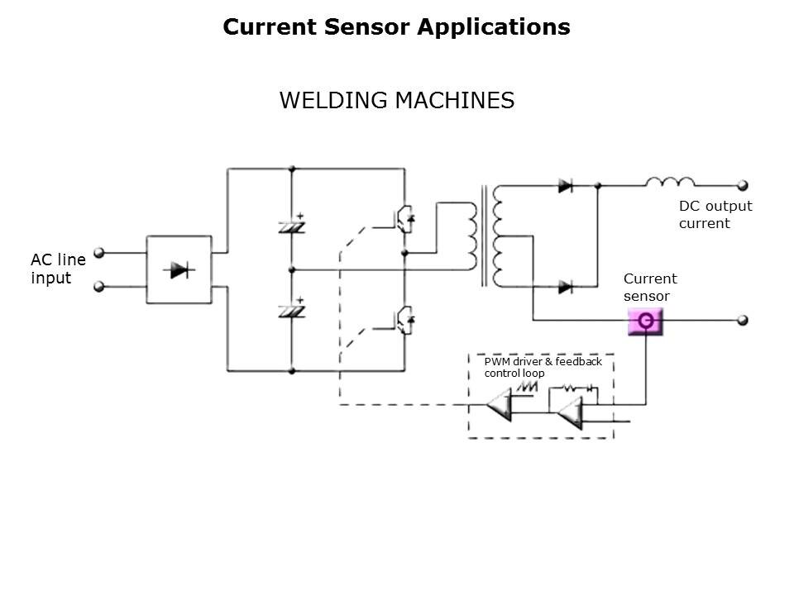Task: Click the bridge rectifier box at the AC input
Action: [x=179, y=269]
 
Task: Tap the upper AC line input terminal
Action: [x=100, y=252]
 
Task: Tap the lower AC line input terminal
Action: [x=100, y=287]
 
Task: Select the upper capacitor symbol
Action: [x=291, y=224]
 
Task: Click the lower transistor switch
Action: [x=404, y=319]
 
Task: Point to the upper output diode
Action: [x=566, y=186]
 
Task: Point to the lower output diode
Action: [x=566, y=287]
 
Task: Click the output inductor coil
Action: [x=670, y=183]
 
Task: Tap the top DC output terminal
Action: [x=743, y=186]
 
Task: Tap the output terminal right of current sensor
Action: [x=743, y=320]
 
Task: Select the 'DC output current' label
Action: [x=715, y=215]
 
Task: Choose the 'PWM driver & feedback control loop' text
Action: [x=543, y=368]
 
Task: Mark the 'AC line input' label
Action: [x=58, y=269]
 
